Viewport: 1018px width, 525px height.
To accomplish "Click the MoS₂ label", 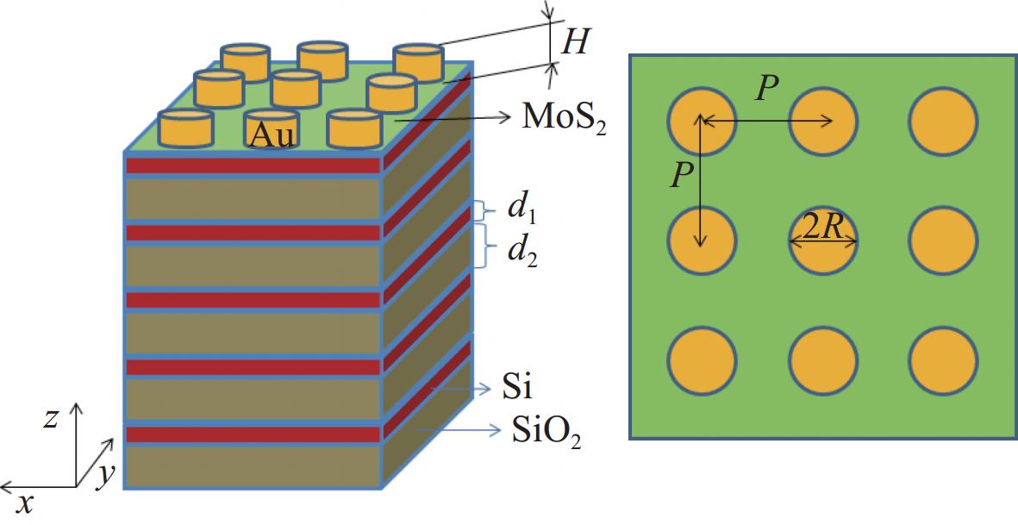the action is pos(564,120).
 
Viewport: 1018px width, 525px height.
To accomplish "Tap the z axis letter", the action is pos(51,419).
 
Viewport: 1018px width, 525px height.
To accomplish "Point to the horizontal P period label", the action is pos(767,91).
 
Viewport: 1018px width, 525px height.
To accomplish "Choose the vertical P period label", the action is pos(679,177).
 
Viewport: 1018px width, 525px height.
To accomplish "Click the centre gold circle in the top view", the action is pos(823,241).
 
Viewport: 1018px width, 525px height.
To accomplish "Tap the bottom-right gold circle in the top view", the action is pos(943,361).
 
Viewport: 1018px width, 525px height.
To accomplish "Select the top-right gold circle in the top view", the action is pos(943,121).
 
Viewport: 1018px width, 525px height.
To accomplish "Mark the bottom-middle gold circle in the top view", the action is pos(823,361).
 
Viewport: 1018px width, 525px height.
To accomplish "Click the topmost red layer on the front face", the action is pos(253,165).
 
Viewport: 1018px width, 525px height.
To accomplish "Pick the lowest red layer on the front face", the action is pos(253,434).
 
